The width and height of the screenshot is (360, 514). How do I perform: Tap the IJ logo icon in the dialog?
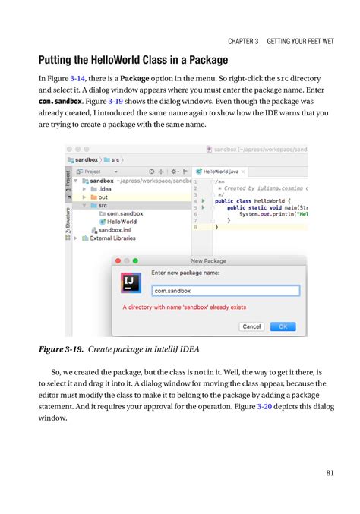click(131, 283)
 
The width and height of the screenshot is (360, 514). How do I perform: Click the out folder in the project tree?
click(103, 197)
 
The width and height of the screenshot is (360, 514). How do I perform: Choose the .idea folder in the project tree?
click(104, 190)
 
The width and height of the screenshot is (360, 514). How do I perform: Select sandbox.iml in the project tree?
click(116, 229)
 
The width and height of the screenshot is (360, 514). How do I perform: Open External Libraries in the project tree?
click(112, 238)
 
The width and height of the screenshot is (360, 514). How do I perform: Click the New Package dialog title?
click(208, 260)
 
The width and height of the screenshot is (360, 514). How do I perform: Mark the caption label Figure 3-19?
click(62, 351)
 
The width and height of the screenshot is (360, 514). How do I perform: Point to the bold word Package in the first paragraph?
click(134, 78)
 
